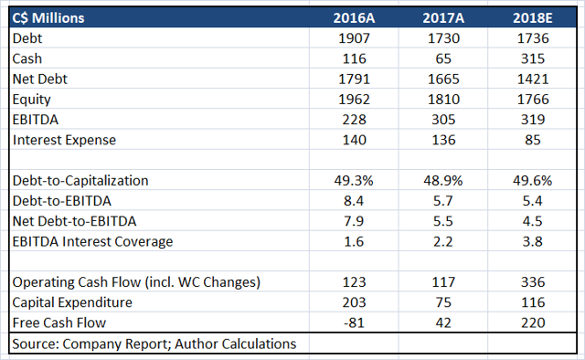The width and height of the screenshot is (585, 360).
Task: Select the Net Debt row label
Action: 40,79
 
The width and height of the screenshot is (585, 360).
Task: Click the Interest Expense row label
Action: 64,140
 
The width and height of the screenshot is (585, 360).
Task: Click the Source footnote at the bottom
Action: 153,344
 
